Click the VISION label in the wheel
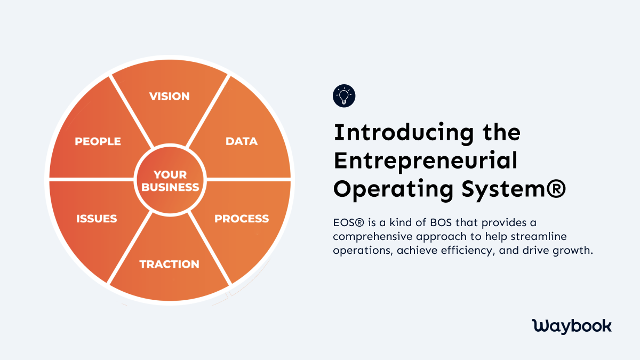[x=169, y=97]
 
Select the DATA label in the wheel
[x=242, y=141]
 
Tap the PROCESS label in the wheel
[x=242, y=219]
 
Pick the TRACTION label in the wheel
[x=169, y=264]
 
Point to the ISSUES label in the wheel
[x=97, y=219]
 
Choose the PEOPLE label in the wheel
[x=98, y=141]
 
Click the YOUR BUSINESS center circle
[x=170, y=181]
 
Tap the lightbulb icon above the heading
[x=344, y=96]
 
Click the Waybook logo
[x=572, y=326]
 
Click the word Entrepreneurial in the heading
[x=425, y=161]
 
